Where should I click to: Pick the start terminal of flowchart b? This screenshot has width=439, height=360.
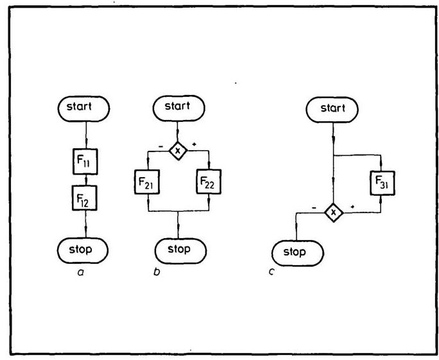(x=178, y=108)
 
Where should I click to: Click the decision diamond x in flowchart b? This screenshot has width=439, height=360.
(x=178, y=150)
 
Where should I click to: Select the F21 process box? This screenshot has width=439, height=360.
(x=148, y=184)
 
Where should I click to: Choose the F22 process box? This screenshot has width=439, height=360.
(x=208, y=184)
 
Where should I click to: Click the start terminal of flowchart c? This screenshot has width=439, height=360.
(x=334, y=109)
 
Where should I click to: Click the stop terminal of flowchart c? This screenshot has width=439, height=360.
(x=295, y=252)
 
